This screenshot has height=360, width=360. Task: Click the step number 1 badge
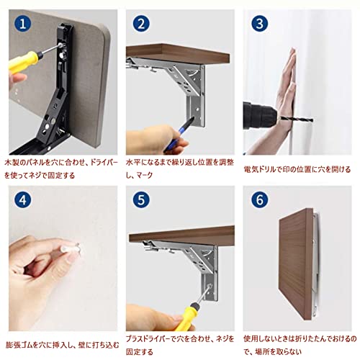pos(23,24)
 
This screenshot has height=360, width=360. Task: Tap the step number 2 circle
pos(141,24)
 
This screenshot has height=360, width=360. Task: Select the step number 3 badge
pos(260,24)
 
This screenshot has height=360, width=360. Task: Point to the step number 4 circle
pos(23,199)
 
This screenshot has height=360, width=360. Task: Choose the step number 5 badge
pos(141,199)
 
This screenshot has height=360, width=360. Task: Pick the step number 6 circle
pos(260,199)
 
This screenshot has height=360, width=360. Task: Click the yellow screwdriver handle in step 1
pos(24,62)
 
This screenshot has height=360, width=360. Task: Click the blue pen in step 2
pos(179,134)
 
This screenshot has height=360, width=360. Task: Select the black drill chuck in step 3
pos(259,116)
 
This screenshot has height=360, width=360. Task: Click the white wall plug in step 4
pos(71,248)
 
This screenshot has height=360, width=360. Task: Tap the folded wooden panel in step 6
pos(296,264)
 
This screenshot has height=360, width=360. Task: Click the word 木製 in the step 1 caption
pos(12,163)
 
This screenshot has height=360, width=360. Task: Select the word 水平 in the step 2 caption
pos(133,163)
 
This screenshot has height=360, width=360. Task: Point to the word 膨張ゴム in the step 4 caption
pos(19,345)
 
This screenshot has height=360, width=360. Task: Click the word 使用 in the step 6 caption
pos(251,339)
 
